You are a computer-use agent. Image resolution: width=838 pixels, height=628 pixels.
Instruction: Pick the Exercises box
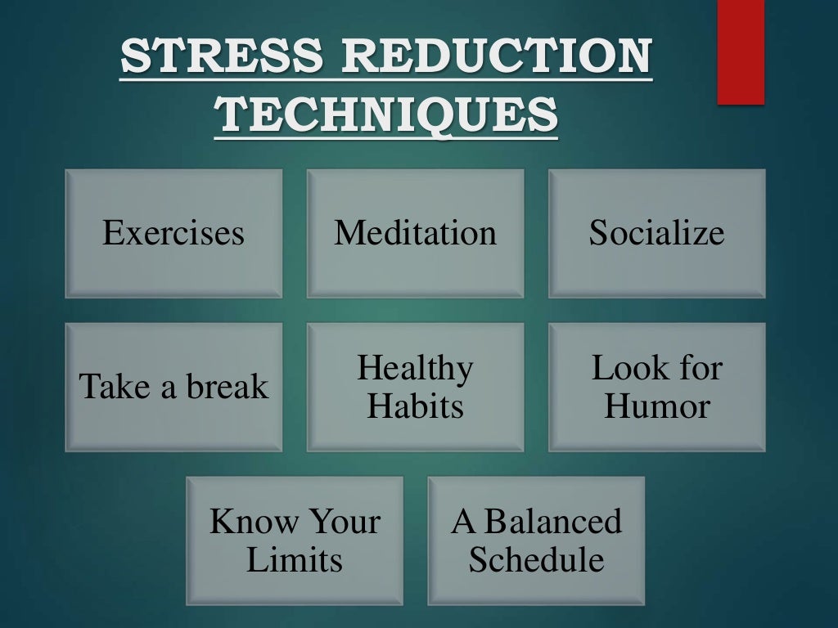point(173,233)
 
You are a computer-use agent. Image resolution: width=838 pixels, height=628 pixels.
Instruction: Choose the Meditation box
point(415,233)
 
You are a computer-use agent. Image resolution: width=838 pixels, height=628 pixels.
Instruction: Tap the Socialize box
point(656,233)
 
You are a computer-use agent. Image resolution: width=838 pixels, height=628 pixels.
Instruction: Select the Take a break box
point(173,387)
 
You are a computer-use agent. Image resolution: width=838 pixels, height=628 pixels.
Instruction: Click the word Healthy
point(415,369)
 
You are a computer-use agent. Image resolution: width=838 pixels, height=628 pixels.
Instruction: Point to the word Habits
point(415,406)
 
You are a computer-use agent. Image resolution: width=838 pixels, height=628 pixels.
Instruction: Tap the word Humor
point(656,406)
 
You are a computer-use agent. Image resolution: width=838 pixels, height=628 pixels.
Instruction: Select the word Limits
point(295,560)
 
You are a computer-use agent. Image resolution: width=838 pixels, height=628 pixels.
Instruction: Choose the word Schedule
point(536,560)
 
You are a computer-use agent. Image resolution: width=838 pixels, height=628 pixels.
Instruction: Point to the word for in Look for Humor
point(698,369)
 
